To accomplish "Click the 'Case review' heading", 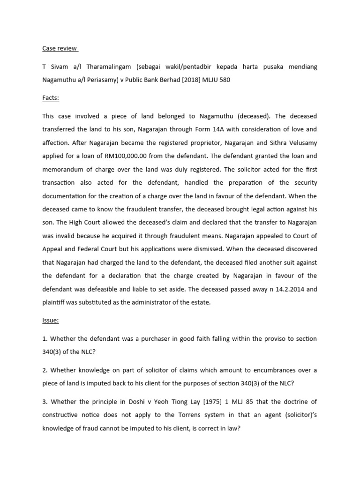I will point(60,49).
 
